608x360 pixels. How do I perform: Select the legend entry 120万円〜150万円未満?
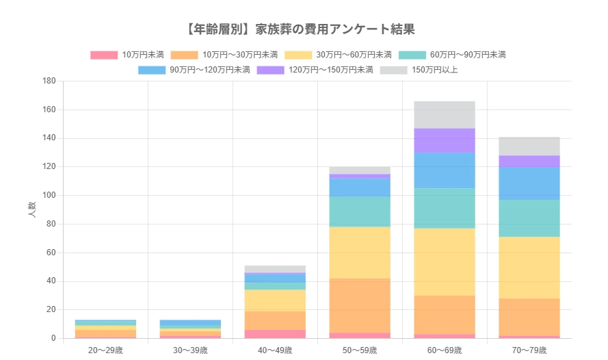pos(315,70)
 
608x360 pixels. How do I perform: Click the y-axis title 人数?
pos(32,209)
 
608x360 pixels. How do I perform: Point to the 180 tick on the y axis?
pos(49,81)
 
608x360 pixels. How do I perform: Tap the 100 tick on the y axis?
pos(49,196)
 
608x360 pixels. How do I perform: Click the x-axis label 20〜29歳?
pos(105,350)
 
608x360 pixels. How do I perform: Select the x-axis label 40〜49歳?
pos(275,350)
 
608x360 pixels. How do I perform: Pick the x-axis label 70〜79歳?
pos(529,350)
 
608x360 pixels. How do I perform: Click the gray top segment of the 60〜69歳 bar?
pos(445,114)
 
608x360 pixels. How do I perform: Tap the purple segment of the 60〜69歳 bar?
pos(445,140)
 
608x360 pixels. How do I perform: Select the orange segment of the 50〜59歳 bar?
pos(360,305)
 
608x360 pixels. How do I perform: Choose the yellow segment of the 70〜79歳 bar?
pos(529,268)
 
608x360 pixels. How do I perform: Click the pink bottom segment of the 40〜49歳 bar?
pos(275,334)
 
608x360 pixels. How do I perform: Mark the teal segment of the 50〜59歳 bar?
pos(360,211)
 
